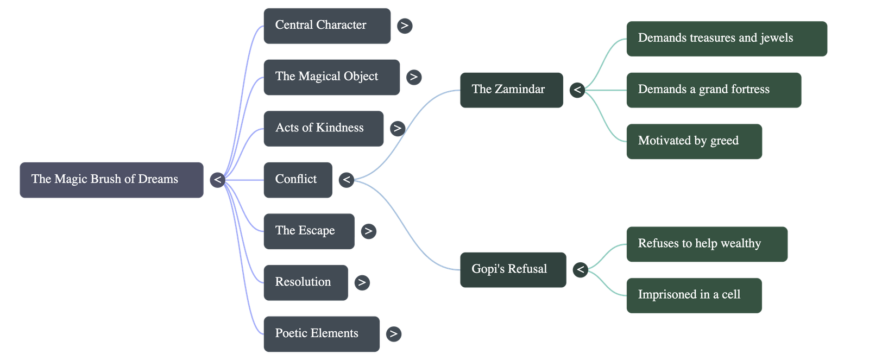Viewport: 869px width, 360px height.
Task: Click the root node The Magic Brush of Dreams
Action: click(x=111, y=180)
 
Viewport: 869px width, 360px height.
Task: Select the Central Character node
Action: click(x=326, y=26)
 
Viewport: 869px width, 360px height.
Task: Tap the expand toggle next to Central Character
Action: click(x=404, y=26)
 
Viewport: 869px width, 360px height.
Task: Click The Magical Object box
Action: click(x=331, y=77)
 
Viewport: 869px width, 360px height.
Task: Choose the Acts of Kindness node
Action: click(x=323, y=128)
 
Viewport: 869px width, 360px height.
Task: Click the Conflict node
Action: click(x=298, y=180)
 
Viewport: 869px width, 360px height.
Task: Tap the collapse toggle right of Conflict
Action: click(x=347, y=180)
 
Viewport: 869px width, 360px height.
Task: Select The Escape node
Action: click(x=308, y=231)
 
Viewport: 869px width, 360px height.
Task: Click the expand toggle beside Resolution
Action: click(x=362, y=282)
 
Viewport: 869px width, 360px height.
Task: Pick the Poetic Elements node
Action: click(x=322, y=334)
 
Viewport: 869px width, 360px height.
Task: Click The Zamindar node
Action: click(x=511, y=90)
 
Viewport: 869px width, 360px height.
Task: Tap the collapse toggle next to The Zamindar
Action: click(x=577, y=90)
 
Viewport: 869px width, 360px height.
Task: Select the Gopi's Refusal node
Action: click(x=512, y=269)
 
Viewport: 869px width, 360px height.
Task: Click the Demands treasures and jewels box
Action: click(x=727, y=39)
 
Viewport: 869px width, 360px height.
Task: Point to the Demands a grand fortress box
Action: click(x=713, y=90)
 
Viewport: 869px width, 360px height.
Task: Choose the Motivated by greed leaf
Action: click(x=694, y=141)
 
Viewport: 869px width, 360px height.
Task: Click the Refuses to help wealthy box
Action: click(x=707, y=244)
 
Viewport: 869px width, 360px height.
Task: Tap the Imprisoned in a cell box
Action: click(x=694, y=295)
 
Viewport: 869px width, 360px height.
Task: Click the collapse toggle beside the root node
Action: click(x=217, y=180)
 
